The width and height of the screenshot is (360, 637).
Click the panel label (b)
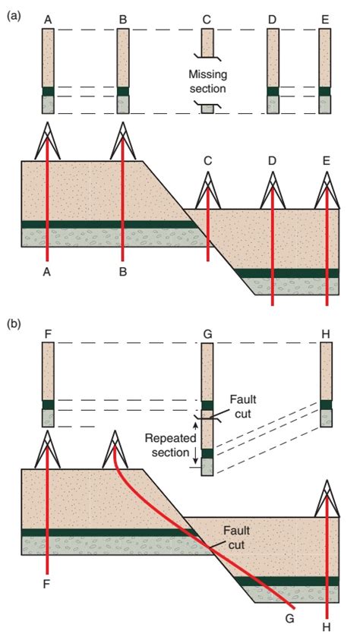(x=12, y=325)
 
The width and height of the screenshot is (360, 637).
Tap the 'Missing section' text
(x=207, y=81)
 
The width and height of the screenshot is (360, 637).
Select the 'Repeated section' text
(x=171, y=445)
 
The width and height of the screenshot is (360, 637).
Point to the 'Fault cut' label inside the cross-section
(x=235, y=538)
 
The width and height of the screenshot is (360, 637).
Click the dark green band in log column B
(x=123, y=91)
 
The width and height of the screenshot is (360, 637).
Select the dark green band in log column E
(x=324, y=91)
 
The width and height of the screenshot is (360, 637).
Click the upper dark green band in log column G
(x=207, y=405)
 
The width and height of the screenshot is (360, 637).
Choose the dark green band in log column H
(x=327, y=405)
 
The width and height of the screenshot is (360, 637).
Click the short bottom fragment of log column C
(x=207, y=109)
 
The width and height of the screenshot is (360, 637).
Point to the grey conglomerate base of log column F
(x=48, y=418)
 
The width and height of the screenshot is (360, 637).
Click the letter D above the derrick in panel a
(x=272, y=161)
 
